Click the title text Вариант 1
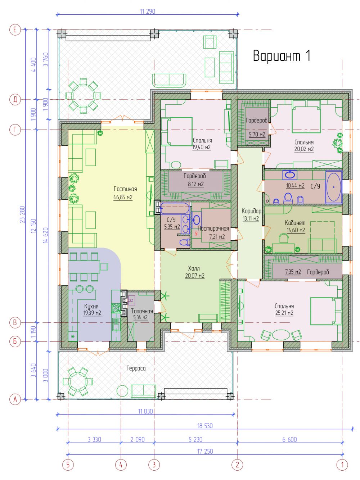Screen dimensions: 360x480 pyautogui.click(x=282, y=56)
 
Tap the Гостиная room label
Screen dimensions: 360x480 pyautogui.click(x=125, y=189)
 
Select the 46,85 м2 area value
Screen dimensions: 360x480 pyautogui.click(x=123, y=197)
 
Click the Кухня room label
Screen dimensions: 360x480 pyautogui.click(x=91, y=306)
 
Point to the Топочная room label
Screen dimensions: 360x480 pyautogui.click(x=142, y=311)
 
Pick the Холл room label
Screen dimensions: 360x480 pyautogui.click(x=194, y=268)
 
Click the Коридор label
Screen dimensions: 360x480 pyautogui.click(x=251, y=211)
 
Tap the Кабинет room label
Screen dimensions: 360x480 pyautogui.click(x=295, y=223)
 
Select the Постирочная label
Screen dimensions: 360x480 pyautogui.click(x=213, y=228)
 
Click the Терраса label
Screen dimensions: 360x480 pyautogui.click(x=136, y=368)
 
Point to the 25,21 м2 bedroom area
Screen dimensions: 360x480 pyautogui.click(x=284, y=313)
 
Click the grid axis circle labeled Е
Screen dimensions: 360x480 pyautogui.click(x=15, y=30)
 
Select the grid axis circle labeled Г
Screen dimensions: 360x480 pyautogui.click(x=15, y=130)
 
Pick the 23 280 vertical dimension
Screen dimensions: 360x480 pyautogui.click(x=23, y=214)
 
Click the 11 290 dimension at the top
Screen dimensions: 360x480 pyautogui.click(x=147, y=12)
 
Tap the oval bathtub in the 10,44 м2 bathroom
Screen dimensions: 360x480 pyautogui.click(x=333, y=187)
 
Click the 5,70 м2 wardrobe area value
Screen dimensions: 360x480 pyautogui.click(x=257, y=134)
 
